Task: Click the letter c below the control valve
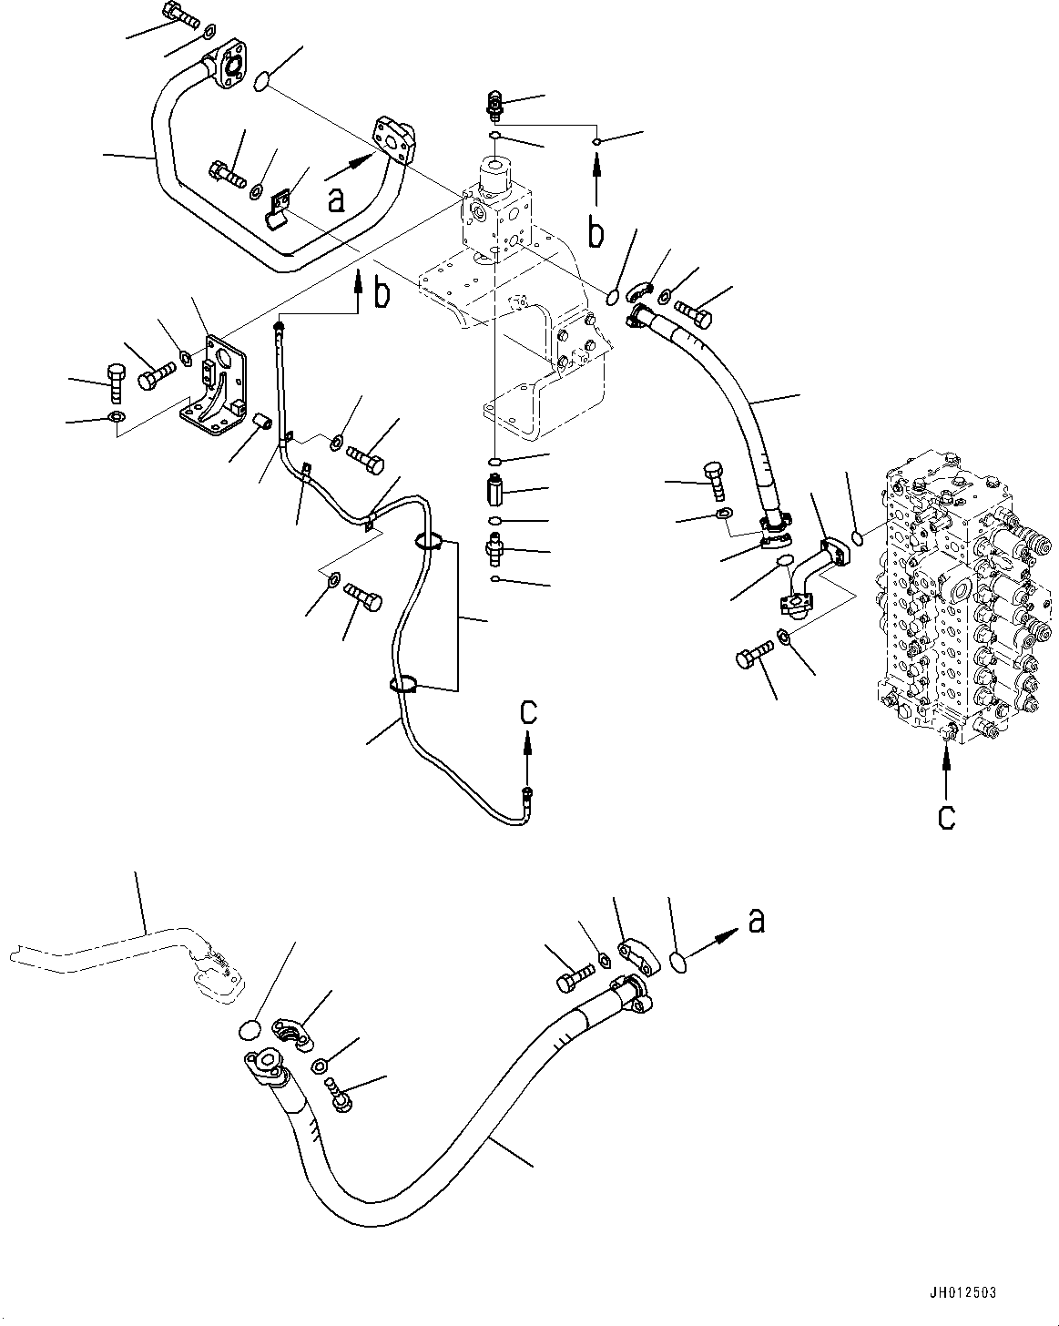(947, 817)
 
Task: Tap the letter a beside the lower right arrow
(755, 922)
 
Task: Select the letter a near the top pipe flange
(337, 199)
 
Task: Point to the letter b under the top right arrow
(596, 234)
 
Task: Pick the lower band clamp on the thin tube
(404, 684)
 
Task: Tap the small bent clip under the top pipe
(280, 208)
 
